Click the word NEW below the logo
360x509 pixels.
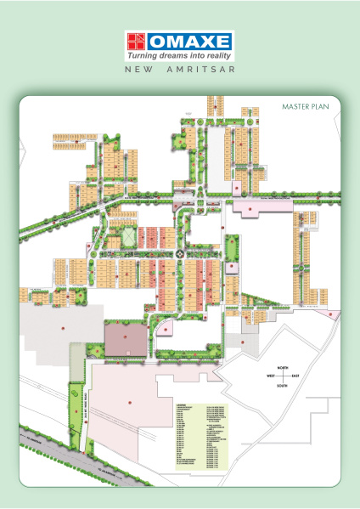139,69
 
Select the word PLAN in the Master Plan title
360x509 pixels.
319,107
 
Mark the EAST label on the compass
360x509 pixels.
295,375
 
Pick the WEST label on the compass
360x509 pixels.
267,375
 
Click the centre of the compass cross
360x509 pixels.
281,375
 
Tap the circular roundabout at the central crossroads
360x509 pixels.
179,252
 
